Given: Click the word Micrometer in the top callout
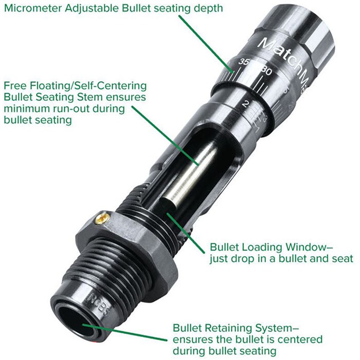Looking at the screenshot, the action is coord(33,8).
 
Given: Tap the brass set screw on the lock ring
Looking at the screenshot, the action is coord(102,218).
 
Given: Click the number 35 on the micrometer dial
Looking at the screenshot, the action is coord(243,62).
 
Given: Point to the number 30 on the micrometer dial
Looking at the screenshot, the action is coord(267,71).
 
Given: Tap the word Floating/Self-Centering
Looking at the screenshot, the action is coord(88,86).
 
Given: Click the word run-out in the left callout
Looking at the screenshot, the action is coord(71,109).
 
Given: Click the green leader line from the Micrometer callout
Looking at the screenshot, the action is coord(206,44).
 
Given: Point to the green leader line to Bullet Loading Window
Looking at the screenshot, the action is coord(186,233).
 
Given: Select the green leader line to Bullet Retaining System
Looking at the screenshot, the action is coord(124,332).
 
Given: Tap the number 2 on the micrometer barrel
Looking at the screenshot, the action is coord(245,104).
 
